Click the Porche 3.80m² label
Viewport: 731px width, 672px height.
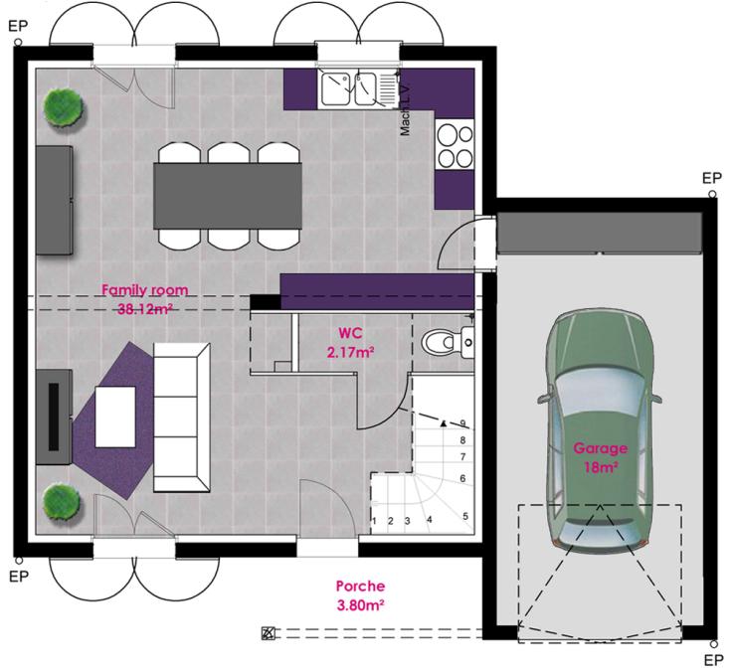tap(360, 594)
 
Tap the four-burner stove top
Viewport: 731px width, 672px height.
tap(455, 145)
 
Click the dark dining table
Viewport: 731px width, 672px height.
tap(228, 195)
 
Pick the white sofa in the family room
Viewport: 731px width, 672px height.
tap(182, 417)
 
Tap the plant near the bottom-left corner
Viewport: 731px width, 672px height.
tap(63, 499)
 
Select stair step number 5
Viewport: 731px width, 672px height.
tap(464, 516)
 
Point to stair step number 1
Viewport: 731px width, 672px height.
tap(374, 520)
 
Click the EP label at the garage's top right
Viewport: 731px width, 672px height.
tap(711, 178)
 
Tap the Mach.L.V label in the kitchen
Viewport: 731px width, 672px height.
tap(406, 110)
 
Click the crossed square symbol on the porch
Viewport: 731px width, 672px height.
tap(267, 632)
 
